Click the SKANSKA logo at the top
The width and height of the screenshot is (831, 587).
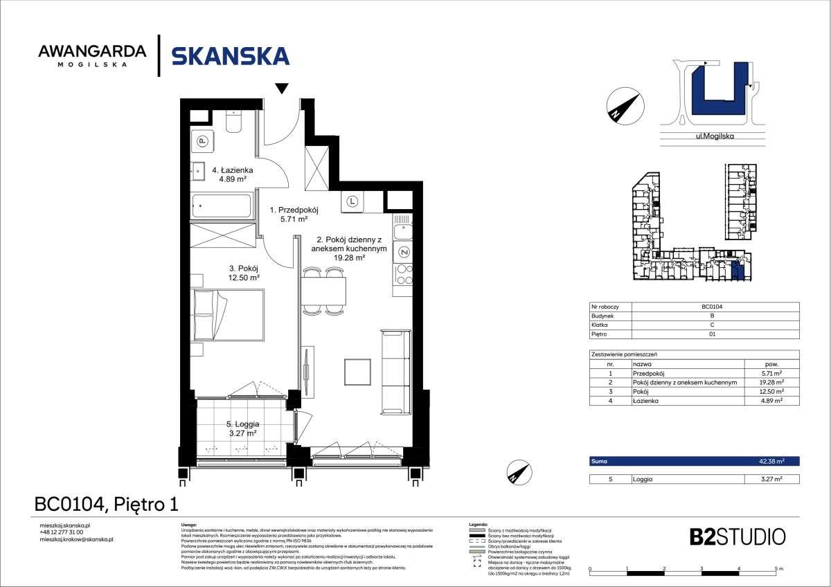[230, 55]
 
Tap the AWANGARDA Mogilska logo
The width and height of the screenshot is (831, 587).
[92, 55]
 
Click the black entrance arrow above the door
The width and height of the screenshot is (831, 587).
[281, 88]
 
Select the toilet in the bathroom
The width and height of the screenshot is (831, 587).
[233, 122]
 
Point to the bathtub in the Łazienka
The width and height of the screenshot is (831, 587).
[222, 206]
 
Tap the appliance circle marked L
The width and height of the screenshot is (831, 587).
[352, 202]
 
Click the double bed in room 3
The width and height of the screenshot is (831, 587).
[228, 315]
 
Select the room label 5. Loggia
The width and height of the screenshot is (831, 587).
[242, 423]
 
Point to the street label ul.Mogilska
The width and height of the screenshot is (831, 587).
[715, 136]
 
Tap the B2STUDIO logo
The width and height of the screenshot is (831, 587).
[737, 536]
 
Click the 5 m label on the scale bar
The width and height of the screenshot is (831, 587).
[778, 569]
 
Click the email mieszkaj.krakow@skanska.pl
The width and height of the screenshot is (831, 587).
[76, 539]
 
